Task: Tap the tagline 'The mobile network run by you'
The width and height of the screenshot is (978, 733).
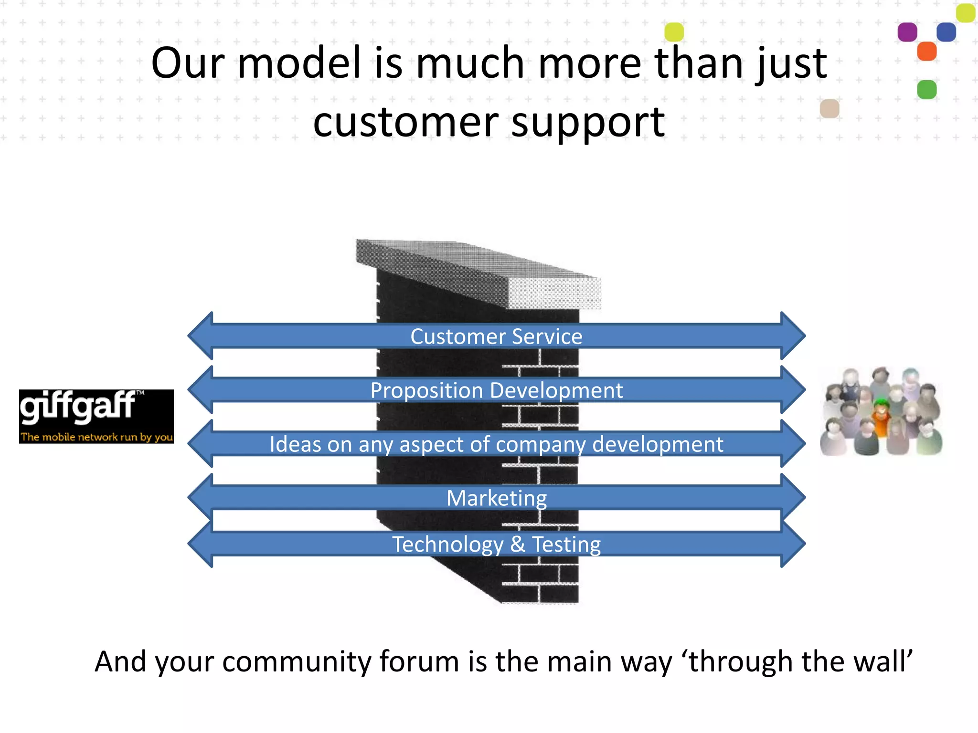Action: pos(96,437)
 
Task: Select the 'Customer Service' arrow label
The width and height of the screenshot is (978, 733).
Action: pos(496,336)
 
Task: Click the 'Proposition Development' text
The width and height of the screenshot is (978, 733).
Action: pos(496,390)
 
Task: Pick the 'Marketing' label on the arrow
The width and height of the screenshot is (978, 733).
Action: pos(496,498)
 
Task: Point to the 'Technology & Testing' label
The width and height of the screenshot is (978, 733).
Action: pos(496,544)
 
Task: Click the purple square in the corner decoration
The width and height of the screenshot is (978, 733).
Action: pos(907,32)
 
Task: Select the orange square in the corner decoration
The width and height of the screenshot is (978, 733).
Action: pos(926,51)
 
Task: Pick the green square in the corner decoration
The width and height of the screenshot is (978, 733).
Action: pos(926,90)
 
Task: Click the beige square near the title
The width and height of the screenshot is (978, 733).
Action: pos(829,109)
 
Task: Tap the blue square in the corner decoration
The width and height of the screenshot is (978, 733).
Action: pos(946,32)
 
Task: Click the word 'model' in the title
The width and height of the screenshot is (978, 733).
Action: pos(299,63)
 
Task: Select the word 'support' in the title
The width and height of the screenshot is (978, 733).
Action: pos(588,122)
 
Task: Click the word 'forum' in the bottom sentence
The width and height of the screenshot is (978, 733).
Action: pos(421,662)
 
